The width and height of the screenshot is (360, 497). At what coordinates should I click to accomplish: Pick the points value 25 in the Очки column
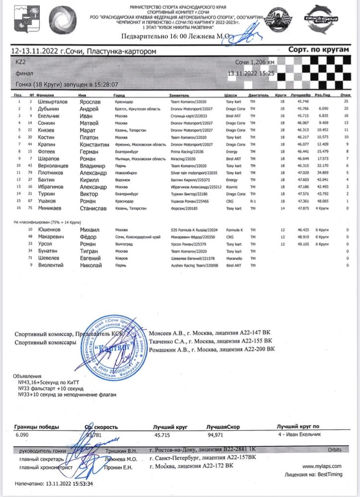coord(345,101)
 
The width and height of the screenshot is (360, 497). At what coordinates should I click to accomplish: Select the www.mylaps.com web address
coord(322,466)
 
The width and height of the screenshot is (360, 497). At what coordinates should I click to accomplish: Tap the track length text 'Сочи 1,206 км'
coord(255,63)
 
